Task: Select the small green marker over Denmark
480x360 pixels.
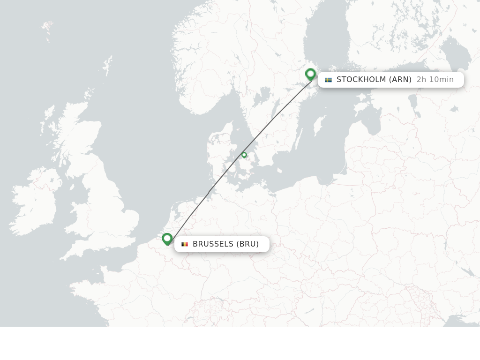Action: point(244,155)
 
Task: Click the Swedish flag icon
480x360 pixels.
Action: point(328,80)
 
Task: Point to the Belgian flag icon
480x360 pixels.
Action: point(185,244)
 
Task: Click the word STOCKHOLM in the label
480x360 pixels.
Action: point(361,80)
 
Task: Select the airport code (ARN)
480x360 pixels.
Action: point(400,80)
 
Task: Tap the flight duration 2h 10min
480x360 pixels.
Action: point(435,80)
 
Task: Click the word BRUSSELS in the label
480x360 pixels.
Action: point(213,244)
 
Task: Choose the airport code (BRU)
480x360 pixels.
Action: point(247,244)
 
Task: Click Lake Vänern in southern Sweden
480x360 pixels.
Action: point(261,96)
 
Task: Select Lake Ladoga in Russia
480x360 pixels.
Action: point(455,52)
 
